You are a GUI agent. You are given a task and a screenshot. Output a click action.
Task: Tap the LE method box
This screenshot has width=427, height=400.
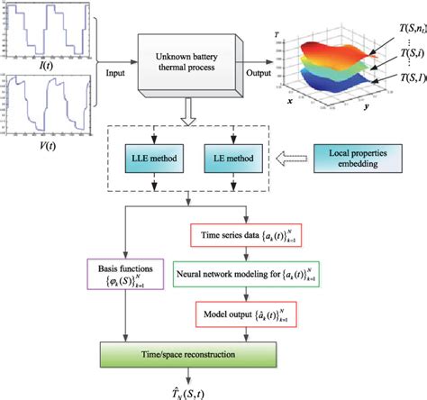tap(234, 159)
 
